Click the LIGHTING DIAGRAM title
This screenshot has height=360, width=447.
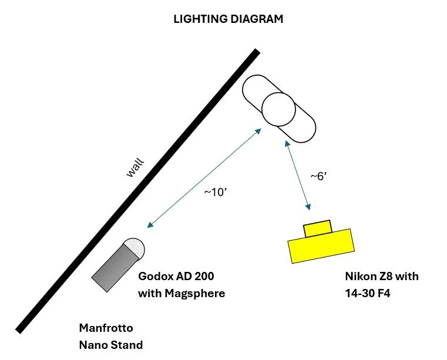[x=228, y=19]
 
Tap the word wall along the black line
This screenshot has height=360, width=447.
[x=135, y=167]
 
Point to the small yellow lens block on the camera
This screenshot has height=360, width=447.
[x=317, y=228]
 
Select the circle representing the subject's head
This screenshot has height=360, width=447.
[x=278, y=109]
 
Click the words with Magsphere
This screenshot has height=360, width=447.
[x=181, y=293]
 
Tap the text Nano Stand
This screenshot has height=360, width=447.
[x=110, y=345]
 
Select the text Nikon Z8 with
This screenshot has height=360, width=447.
[x=382, y=276]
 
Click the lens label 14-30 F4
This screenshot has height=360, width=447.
[x=367, y=293]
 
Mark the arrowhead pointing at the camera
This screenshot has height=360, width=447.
[x=307, y=206]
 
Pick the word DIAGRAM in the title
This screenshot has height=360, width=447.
[x=254, y=19]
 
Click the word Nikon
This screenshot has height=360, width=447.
[x=360, y=276]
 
